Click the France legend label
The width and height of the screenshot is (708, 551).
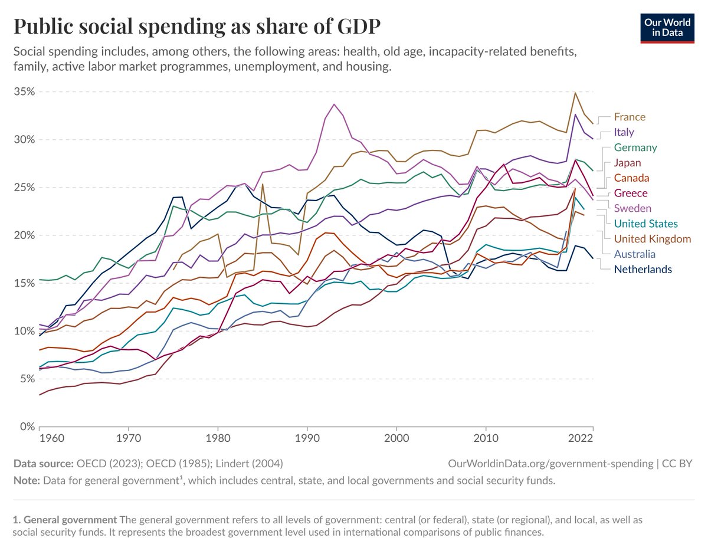tap(630, 117)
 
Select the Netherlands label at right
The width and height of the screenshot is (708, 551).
tap(643, 269)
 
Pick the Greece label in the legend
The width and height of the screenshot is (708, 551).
tap(630, 193)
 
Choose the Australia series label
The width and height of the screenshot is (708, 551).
tap(634, 254)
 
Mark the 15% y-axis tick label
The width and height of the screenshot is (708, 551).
tap(24, 283)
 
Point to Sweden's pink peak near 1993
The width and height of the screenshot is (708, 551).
tap(335, 104)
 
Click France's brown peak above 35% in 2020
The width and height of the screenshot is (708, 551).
tap(575, 93)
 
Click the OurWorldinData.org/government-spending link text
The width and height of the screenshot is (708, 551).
tap(549, 464)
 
